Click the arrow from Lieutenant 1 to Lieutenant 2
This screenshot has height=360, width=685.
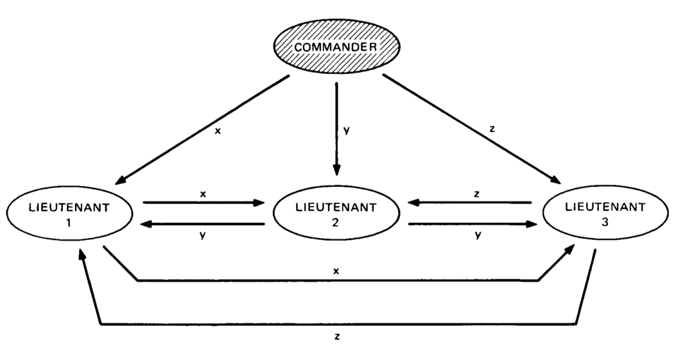tap(204, 203)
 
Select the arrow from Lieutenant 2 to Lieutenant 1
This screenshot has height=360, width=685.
tap(204, 224)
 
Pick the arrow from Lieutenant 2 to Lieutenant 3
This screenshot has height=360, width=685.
tap(472, 224)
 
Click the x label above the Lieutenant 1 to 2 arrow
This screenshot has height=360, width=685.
tap(202, 192)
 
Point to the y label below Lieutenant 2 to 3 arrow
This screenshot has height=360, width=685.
tap(478, 236)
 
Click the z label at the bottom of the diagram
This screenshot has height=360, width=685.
tap(337, 336)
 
